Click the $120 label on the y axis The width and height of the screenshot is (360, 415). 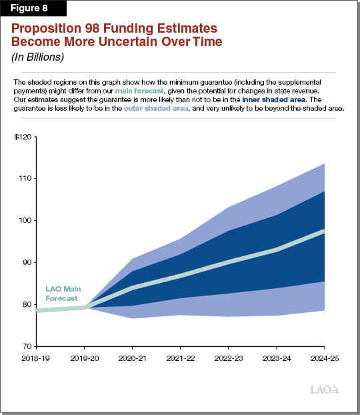[x=23, y=137]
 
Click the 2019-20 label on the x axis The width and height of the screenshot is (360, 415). [x=84, y=359]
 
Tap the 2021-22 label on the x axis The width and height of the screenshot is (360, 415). [x=180, y=359]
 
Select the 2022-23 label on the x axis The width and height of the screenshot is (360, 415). [x=229, y=359]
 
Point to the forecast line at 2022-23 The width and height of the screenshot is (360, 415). [x=229, y=262]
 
